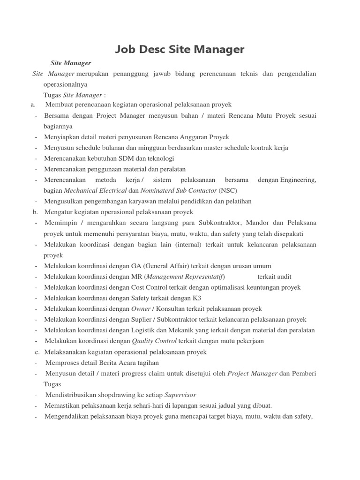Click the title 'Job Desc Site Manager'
coord(180,49)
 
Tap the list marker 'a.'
coord(33,105)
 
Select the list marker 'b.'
coord(35,212)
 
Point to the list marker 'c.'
coord(37,352)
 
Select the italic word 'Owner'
coord(141,309)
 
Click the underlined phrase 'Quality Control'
coord(154,341)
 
